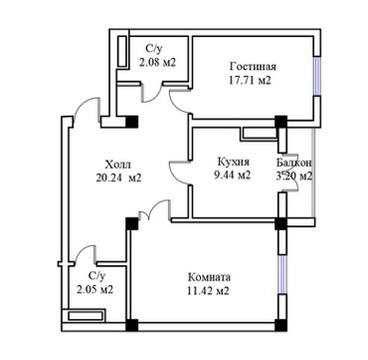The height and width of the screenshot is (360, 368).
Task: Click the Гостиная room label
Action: tap(253, 67)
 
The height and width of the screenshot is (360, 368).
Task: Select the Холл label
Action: tap(118, 164)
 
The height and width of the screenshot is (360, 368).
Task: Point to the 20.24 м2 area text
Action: tap(119, 178)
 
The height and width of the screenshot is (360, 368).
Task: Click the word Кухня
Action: tap(233, 162)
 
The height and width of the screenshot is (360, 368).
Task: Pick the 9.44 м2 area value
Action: tap(232, 176)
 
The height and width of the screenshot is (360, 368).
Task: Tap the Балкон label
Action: tap(294, 162)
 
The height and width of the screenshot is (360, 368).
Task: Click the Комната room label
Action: tap(209, 277)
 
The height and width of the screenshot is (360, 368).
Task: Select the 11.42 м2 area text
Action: tap(209, 291)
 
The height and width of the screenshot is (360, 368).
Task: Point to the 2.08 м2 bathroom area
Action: tap(158, 62)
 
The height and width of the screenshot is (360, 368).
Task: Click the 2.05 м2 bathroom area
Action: tap(95, 290)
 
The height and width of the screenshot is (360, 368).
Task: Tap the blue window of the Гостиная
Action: tap(317, 76)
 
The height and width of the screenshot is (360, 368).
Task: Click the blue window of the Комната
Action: tap(282, 275)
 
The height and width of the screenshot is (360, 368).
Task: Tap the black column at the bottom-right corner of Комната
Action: tap(281, 325)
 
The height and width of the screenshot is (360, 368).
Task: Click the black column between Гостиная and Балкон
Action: tap(281, 121)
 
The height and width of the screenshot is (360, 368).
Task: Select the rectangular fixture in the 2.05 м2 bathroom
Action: tap(86, 315)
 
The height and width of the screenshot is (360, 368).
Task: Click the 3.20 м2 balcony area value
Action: tap(294, 176)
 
